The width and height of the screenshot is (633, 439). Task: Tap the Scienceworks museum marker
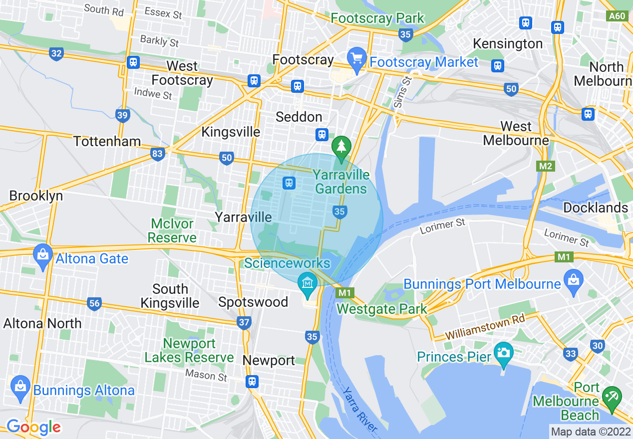coord(308,283)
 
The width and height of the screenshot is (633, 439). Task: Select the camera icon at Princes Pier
coord(503,353)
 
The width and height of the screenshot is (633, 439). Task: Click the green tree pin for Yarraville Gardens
coord(341,147)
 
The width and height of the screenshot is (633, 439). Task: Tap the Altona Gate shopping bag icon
coord(43,255)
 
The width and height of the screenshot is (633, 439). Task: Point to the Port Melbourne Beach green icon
coord(612,396)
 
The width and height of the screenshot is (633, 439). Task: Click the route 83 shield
coord(158,154)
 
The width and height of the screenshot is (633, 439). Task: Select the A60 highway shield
coord(617,16)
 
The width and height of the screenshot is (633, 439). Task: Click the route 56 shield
coord(94,303)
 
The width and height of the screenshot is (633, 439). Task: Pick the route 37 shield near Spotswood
coord(244,323)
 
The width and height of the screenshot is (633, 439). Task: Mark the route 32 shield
coord(56,54)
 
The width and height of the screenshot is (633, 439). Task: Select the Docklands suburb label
coord(595,208)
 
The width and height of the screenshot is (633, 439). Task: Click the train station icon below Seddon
coord(322,134)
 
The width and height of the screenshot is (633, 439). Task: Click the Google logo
coord(33,427)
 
